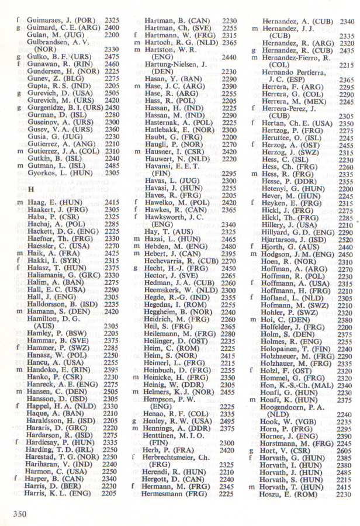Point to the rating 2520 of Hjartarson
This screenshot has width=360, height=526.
(x=345, y=239)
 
